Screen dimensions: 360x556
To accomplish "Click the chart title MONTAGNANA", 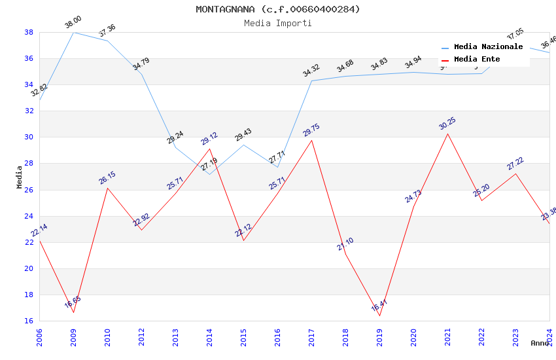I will pos(277,9).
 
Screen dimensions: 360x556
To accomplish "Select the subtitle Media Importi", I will pos(277,23).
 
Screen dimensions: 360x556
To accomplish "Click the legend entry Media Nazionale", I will pos(488,47).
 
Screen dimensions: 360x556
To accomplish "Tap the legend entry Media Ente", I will pos(477,60).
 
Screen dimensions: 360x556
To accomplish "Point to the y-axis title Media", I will pos(20,177).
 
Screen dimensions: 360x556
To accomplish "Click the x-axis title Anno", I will pos(540,343).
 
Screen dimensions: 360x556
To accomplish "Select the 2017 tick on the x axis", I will pos(311,334).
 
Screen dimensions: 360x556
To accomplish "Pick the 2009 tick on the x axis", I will pos(73,334).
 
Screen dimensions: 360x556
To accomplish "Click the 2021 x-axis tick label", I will pos(447,334).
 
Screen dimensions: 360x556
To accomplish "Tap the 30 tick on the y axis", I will pos(29,137).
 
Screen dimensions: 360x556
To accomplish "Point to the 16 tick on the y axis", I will pos(29,321).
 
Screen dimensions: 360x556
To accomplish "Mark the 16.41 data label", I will pos(379,305).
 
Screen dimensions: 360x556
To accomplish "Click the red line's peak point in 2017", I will pos(311,140).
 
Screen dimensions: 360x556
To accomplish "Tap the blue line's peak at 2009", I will pos(73,32).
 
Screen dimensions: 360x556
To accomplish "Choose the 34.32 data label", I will pos(311,71).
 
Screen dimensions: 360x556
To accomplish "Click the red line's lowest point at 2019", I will pos(379,315).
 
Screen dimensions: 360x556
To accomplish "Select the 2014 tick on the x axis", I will pos(209,334).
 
